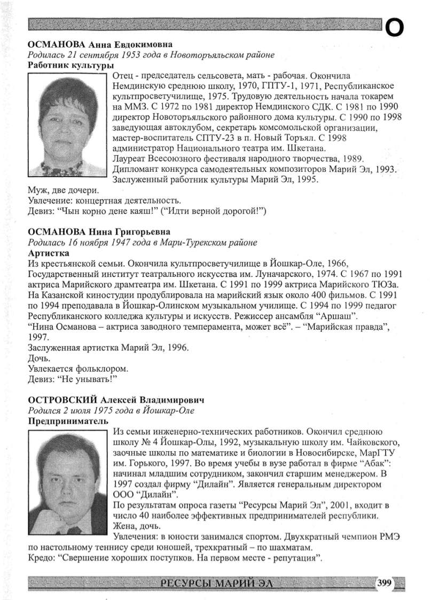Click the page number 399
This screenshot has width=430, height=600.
tap(385, 583)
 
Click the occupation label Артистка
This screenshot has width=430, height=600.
tap(48, 253)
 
